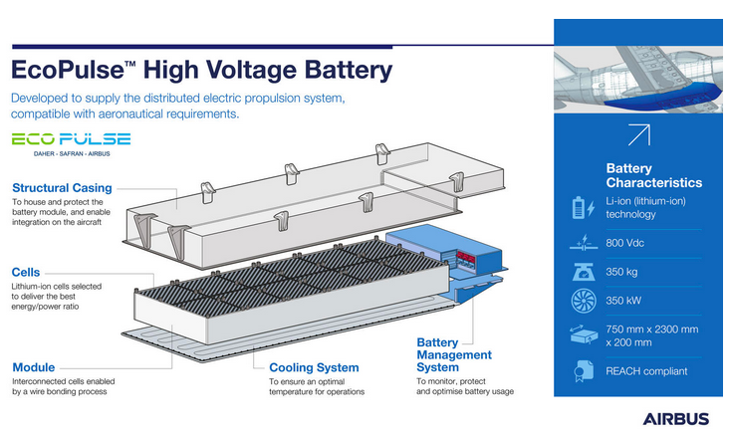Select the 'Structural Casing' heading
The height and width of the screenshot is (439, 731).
tap(62, 187)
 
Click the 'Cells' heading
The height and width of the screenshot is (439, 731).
tap(26, 272)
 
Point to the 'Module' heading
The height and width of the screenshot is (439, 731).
tap(34, 367)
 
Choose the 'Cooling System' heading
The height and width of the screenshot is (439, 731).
tap(314, 367)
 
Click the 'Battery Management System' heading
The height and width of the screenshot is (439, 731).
tap(453, 354)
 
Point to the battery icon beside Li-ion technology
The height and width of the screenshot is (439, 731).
tap(579, 208)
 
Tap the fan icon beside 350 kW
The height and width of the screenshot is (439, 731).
tap(579, 302)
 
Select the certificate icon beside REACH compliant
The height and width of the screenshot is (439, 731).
tap(579, 371)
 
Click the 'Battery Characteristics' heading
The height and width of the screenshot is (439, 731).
tap(653, 175)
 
